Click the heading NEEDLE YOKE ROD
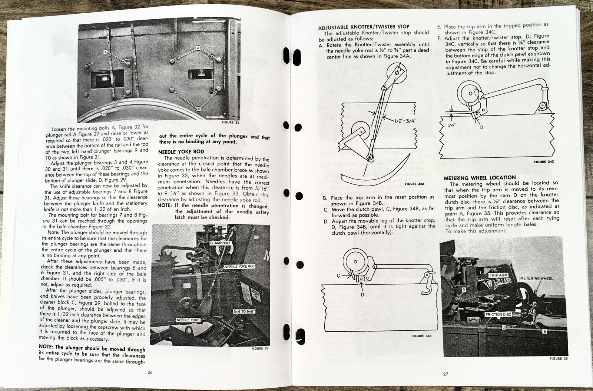tap(181, 151)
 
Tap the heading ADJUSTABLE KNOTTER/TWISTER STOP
tap(364, 27)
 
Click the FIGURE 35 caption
tap(559, 358)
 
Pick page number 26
tap(150, 372)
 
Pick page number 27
tap(445, 374)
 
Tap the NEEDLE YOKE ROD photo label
tap(240, 266)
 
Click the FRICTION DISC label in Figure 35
tap(498, 314)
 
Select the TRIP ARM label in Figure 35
tap(498, 275)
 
